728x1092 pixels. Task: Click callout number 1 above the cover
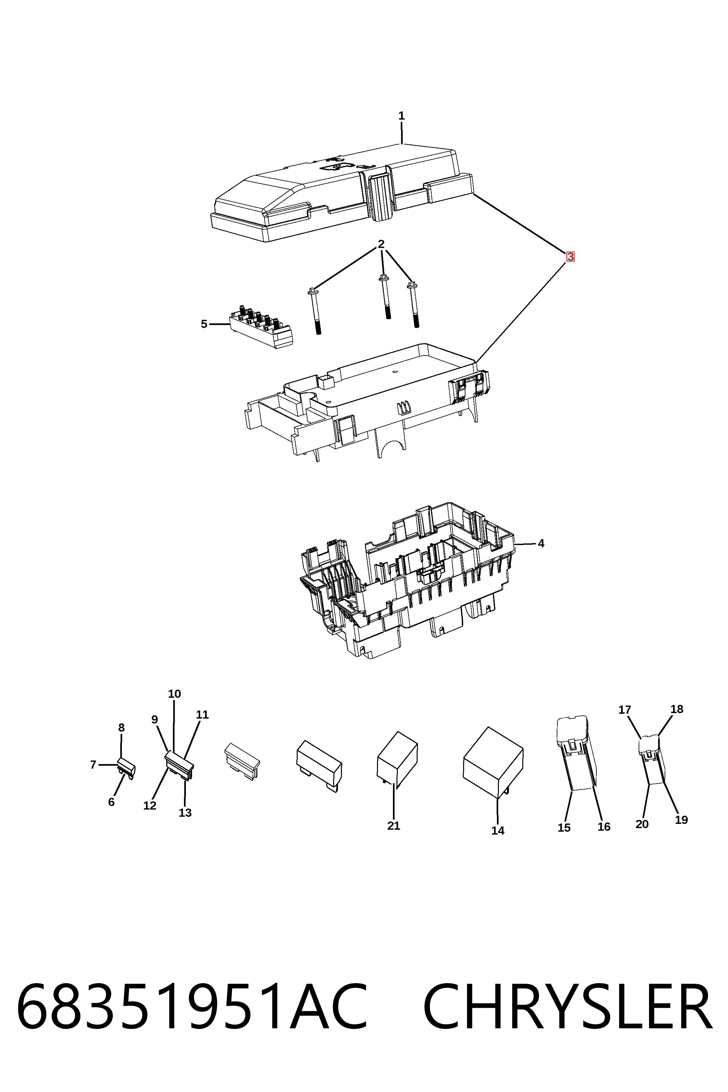402,116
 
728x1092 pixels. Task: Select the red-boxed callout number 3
570,256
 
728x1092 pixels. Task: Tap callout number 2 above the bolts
381,244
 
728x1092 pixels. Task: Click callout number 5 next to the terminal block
204,324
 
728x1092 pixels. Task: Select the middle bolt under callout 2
385,297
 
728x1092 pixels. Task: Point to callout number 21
394,825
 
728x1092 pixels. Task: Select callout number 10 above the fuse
174,694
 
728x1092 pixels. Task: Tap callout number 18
677,709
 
